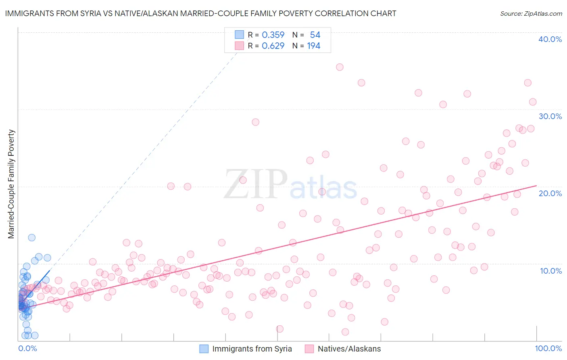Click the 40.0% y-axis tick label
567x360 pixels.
click(550, 39)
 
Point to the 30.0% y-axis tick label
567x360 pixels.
click(550, 116)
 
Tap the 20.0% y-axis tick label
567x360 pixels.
click(550, 193)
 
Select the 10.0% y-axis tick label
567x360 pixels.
click(550, 271)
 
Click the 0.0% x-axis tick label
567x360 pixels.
click(27, 348)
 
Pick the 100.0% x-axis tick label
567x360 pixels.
click(548, 348)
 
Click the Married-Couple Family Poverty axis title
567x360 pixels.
click(11, 184)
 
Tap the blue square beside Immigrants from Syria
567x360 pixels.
click(204, 349)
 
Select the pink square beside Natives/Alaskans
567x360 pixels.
click(309, 349)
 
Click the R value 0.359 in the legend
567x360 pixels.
click(273, 35)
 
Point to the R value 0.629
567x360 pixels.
click(273, 46)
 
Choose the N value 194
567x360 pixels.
click(314, 46)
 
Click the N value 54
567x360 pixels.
click(315, 35)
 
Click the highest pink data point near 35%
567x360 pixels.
click(340, 67)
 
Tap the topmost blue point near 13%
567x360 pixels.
click(31, 238)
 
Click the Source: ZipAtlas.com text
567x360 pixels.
click(531, 14)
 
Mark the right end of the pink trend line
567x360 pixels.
click(536, 186)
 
